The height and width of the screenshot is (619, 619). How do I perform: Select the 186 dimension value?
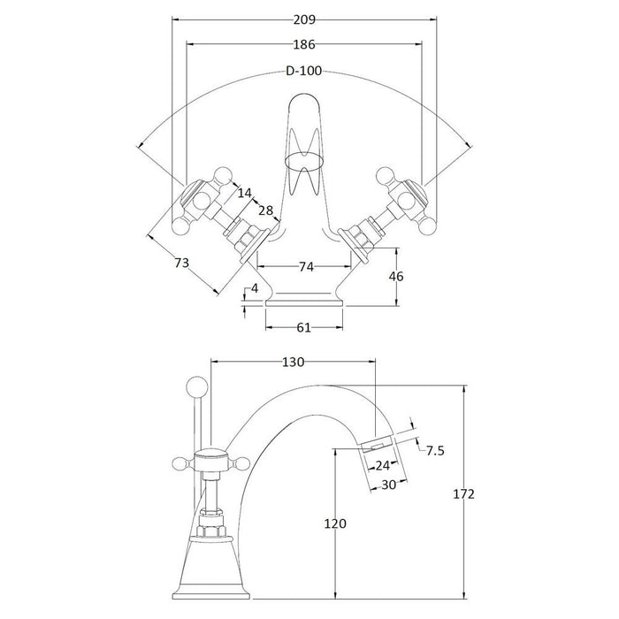point(302,44)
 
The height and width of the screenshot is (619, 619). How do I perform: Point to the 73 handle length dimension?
point(180,264)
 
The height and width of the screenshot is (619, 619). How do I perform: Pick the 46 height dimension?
point(396,277)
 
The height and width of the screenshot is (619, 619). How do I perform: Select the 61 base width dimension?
point(302,328)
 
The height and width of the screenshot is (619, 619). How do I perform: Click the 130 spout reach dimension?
point(293,362)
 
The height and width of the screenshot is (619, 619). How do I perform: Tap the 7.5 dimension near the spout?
point(436,450)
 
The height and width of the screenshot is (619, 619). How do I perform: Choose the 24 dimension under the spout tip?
point(383,465)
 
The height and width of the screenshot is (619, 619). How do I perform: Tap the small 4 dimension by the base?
point(254,287)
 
